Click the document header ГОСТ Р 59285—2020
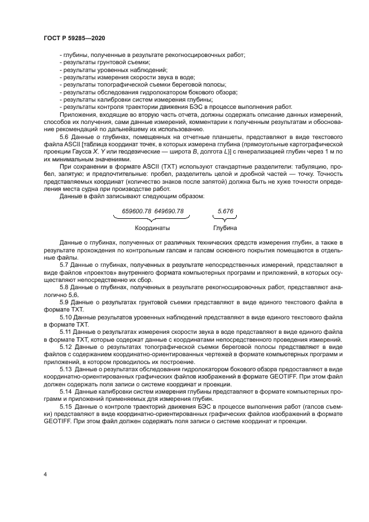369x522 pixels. [x=74, y=37]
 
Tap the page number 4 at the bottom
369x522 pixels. [x=45, y=475]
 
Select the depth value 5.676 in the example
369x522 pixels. [x=226, y=211]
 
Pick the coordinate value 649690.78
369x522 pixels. [x=169, y=211]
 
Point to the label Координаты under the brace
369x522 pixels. [x=152, y=228]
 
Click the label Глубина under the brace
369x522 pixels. [x=225, y=228]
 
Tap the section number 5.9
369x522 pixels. [x=64, y=301]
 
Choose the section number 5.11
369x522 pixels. [x=66, y=332]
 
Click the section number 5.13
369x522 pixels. [x=66, y=369]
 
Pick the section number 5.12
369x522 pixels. [x=66, y=347]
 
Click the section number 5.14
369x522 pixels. [x=66, y=391]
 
